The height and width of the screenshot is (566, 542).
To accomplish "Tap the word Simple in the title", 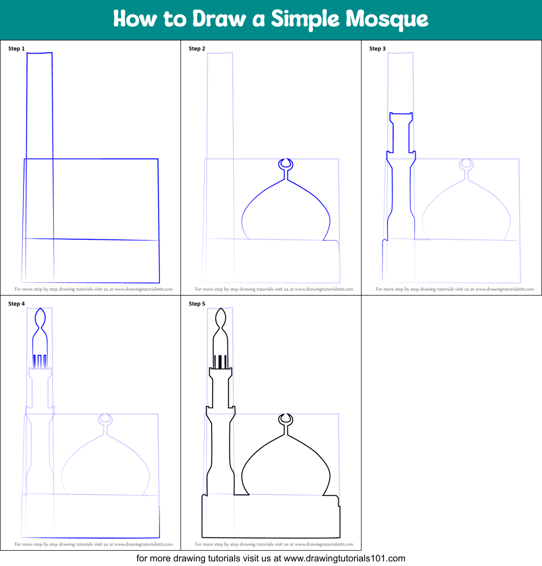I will pyautogui.click(x=305, y=19).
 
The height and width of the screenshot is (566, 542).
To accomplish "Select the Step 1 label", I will pyautogui.click(x=16, y=49).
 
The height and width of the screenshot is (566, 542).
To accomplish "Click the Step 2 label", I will pyautogui.click(x=197, y=49).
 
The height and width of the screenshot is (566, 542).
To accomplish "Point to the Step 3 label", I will pyautogui.click(x=377, y=49).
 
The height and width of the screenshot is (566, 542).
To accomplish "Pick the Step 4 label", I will pyautogui.click(x=16, y=304).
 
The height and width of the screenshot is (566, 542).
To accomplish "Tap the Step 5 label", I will pyautogui.click(x=197, y=304).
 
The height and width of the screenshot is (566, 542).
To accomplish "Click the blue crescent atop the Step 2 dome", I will pyautogui.click(x=286, y=164).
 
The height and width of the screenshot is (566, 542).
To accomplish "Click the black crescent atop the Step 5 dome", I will pyautogui.click(x=286, y=419).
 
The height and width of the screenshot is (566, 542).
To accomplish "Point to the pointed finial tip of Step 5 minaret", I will pyautogui.click(x=220, y=309).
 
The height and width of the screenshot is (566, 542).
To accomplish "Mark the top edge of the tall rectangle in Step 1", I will pyautogui.click(x=39, y=53).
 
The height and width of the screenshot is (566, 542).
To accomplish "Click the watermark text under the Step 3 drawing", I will pyautogui.click(x=451, y=289).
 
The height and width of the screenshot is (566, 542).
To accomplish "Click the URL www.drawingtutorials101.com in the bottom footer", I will pyautogui.click(x=344, y=558).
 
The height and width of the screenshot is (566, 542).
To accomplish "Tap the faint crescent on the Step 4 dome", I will pyautogui.click(x=105, y=419).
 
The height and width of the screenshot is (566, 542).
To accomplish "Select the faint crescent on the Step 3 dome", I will pyautogui.click(x=466, y=164).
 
